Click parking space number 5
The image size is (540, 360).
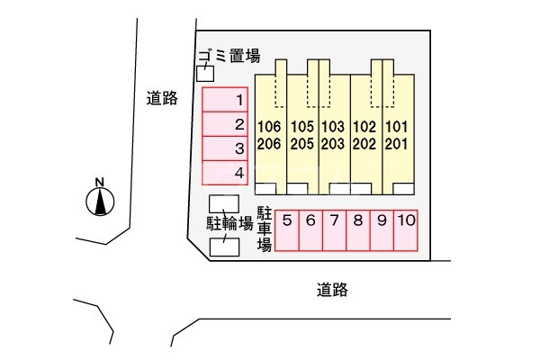[x=286, y=229]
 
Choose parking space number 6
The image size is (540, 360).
[x=310, y=229]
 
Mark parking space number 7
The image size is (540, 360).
[x=333, y=229]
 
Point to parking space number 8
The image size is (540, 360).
[x=357, y=229]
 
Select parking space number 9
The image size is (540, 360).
[x=382, y=229]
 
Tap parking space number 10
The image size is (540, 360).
[x=405, y=229]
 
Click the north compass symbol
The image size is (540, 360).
[x=100, y=200]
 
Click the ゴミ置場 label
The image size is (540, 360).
[x=229, y=56]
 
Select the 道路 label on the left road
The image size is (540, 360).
[x=161, y=99]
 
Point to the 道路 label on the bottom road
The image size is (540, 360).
[x=332, y=290]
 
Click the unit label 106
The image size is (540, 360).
[x=269, y=126]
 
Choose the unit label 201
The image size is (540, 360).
[x=397, y=143]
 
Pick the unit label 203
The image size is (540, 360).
[x=333, y=143]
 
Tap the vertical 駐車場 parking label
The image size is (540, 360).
[x=265, y=229]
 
